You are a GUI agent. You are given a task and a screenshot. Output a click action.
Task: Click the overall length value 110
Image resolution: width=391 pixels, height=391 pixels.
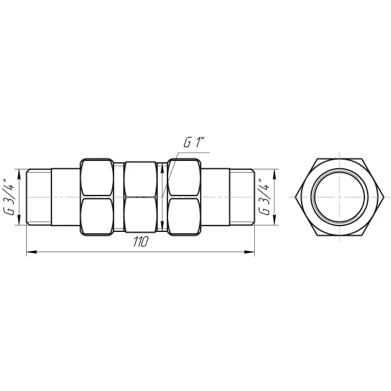[x=139, y=241]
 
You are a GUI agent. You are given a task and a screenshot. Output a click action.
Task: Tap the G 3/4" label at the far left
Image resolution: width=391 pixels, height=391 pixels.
[x=8, y=197]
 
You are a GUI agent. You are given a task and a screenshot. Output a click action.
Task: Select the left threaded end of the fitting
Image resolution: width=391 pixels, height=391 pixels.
[x=39, y=197]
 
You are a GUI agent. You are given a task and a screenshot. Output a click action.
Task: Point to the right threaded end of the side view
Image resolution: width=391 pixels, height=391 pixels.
[x=241, y=197]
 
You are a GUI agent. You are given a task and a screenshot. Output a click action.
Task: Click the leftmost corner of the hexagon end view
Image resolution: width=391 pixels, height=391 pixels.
[x=295, y=197]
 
